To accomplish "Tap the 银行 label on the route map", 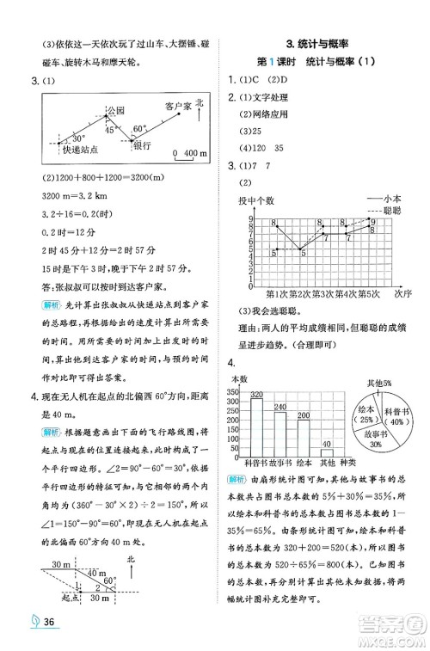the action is pos(143,146).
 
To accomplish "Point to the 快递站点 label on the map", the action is pos(71,149).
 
